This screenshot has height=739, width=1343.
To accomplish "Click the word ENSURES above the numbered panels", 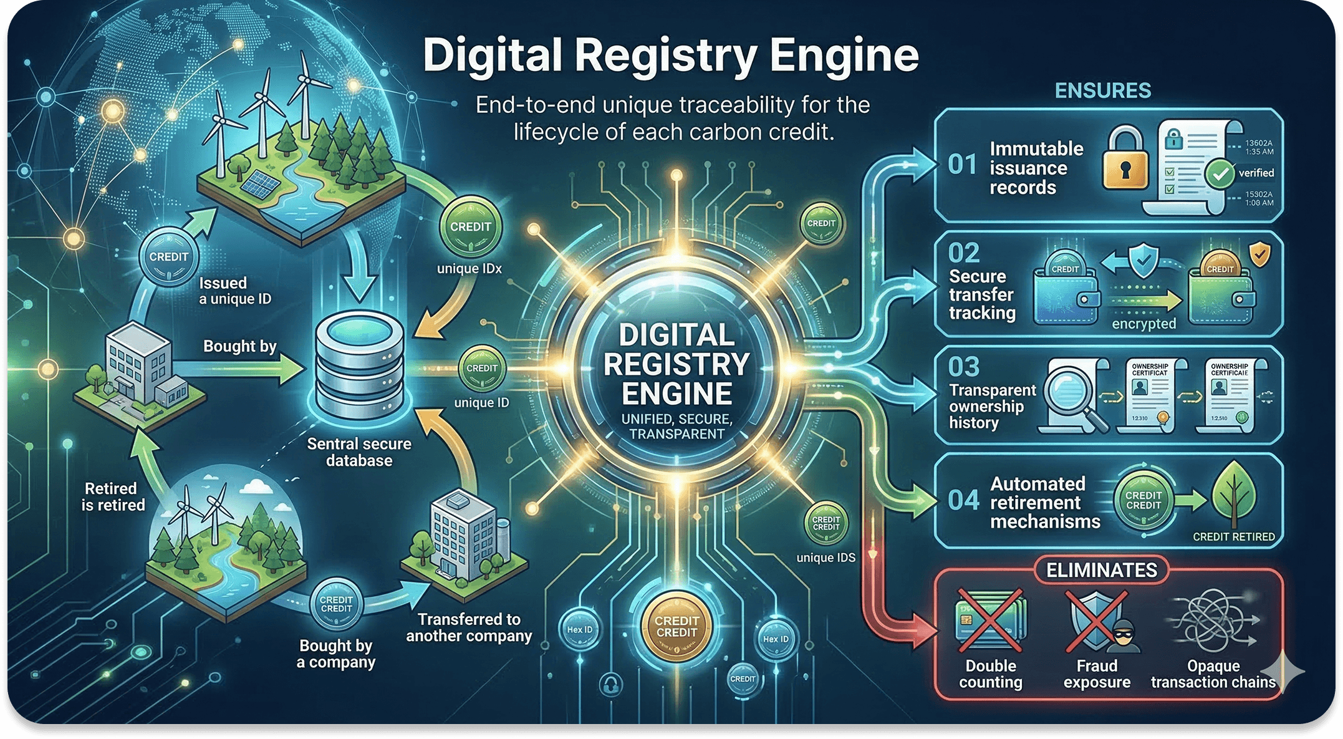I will pos(1102,91).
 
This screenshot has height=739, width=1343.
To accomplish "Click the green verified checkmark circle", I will pos(1220,173).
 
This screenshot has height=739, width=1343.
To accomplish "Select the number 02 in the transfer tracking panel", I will pos(964,253).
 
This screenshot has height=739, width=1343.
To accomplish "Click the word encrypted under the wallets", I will pos(1143,324).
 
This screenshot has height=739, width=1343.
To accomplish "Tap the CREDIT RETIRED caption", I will pos(1233,537).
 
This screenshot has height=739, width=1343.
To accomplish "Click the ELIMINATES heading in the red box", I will pos(1101,570).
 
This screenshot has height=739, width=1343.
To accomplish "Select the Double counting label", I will pos(991,674).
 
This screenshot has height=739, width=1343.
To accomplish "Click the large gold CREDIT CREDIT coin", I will pos(676,626).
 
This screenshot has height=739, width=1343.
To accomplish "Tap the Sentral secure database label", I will pos(359,452).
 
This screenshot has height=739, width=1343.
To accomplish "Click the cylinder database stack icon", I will pos(360,368).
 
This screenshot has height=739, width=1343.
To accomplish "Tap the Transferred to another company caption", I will pos(469,627).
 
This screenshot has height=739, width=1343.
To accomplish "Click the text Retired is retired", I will pos(113,496).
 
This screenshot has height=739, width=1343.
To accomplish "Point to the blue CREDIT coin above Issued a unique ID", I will pos(168,256).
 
